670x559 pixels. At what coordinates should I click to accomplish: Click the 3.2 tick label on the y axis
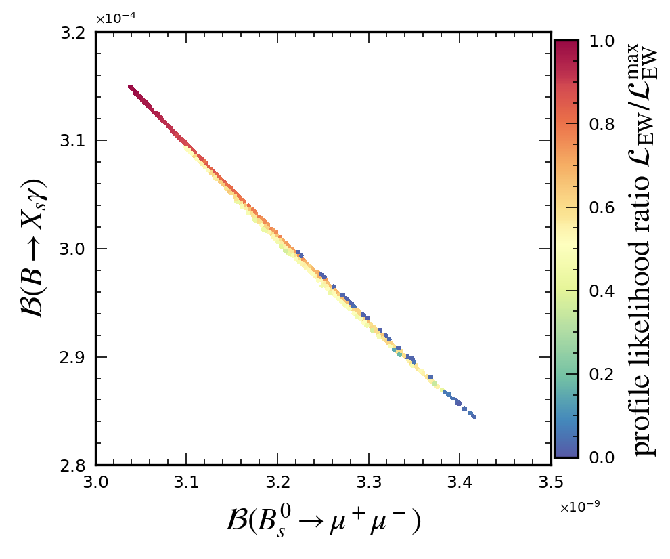74,33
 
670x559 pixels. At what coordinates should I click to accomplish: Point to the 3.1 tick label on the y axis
74,140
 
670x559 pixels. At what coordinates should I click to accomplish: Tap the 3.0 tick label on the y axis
74,249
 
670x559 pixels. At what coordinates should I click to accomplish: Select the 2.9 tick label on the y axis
74,357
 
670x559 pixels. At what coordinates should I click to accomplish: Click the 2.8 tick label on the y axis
74,465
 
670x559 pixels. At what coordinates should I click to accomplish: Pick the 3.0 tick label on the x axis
95,482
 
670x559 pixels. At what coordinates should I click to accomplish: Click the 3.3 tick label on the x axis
369,482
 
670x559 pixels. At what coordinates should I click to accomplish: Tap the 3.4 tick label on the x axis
460,482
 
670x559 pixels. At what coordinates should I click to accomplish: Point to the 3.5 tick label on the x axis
551,482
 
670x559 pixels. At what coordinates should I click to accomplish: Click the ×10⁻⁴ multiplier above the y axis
115,18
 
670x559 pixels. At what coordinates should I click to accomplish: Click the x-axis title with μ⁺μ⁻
323,522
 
